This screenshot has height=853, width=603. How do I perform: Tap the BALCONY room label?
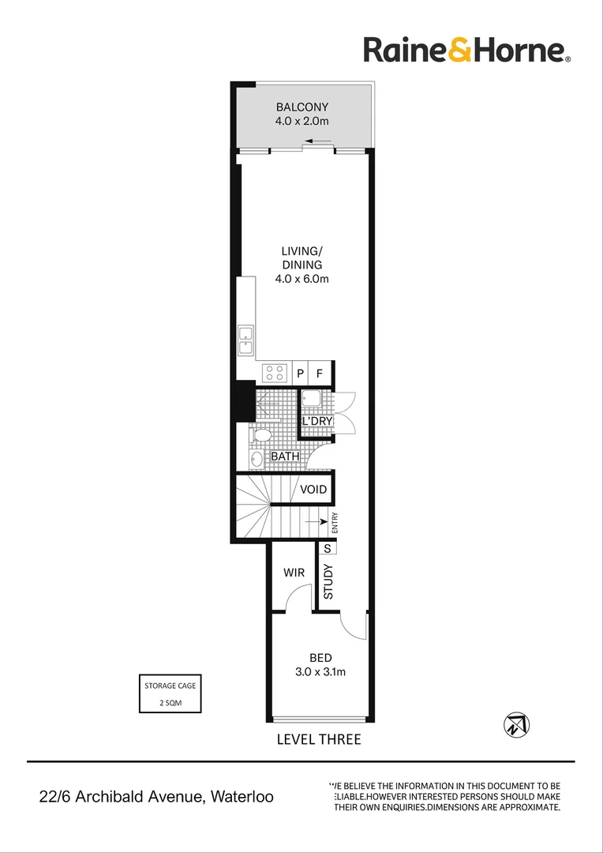301,107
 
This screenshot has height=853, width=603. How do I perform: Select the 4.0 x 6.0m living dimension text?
301,279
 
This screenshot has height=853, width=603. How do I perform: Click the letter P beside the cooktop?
301,373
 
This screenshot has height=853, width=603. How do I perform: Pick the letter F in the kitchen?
320,373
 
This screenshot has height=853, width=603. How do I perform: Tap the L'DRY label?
316,422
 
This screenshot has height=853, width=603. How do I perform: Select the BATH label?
285,457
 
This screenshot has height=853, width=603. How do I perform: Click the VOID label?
313,490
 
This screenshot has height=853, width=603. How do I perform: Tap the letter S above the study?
327,547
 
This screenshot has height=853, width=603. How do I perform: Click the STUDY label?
328,581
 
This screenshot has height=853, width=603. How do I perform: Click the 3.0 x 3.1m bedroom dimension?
320,672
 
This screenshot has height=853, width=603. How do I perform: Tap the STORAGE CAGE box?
170,693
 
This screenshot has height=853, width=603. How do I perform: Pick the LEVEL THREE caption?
319,740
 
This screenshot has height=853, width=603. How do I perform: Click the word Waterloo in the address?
240,797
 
